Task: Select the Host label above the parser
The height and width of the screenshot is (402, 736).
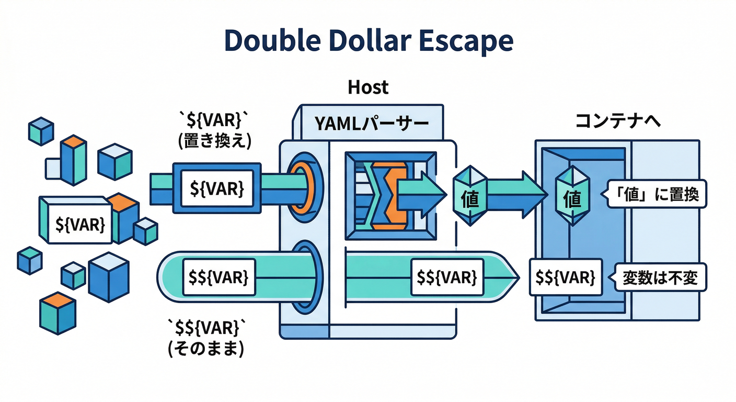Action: coord(368,87)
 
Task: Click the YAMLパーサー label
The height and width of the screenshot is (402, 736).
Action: coord(371,124)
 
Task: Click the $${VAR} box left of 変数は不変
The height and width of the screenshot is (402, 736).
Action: coord(566,277)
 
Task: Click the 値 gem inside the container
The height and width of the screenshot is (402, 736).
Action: coord(573,198)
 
